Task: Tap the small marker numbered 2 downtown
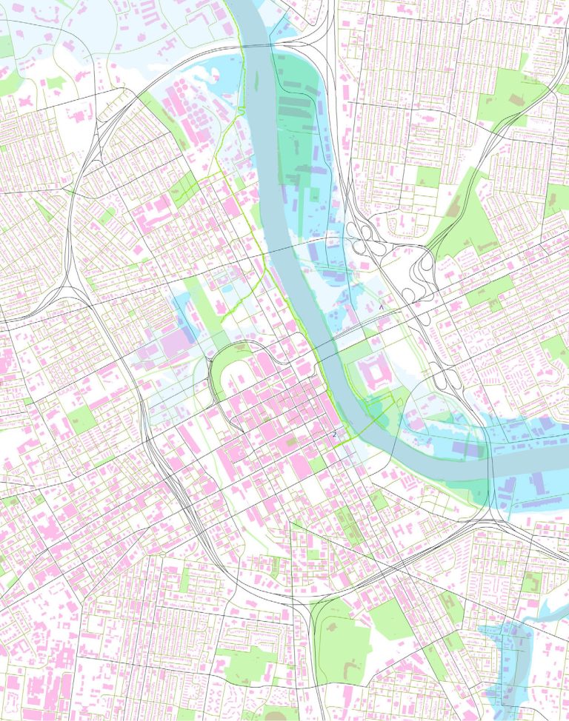[334, 436]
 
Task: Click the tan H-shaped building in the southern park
[275, 714]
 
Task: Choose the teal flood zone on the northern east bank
[300, 111]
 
